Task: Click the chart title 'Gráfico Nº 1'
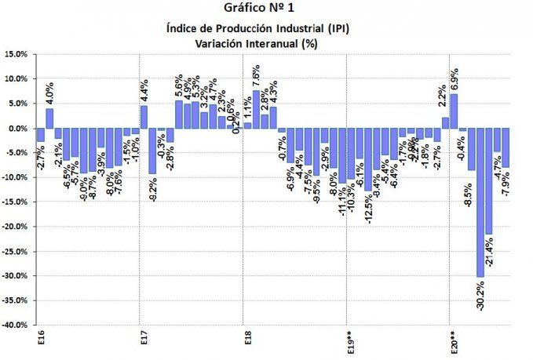(x=265, y=11)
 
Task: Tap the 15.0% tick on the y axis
(x=16, y=54)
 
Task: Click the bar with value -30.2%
(x=480, y=202)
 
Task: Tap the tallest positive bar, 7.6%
(x=256, y=110)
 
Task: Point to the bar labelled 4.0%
(x=49, y=118)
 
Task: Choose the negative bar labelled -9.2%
(x=152, y=151)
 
